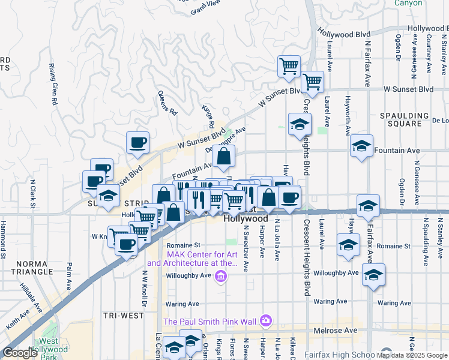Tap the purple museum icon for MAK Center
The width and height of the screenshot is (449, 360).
point(221,276)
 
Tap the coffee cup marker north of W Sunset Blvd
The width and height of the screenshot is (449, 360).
point(137,143)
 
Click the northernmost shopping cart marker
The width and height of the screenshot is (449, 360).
point(289,67)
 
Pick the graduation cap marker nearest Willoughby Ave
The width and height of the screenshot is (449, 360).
point(373,275)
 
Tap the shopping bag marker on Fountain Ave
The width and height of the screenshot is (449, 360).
point(223,158)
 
